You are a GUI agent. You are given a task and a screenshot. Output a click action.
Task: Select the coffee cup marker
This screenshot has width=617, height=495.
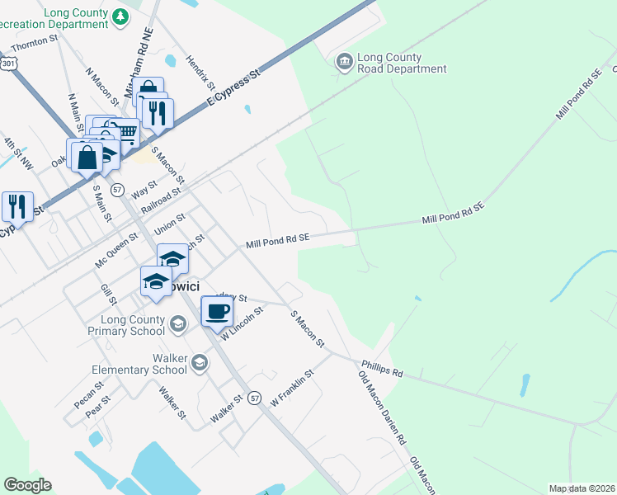(217, 312)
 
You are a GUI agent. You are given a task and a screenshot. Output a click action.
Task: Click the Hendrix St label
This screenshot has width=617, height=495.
(200, 72)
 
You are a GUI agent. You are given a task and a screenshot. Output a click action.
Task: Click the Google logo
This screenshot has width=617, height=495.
(27, 485)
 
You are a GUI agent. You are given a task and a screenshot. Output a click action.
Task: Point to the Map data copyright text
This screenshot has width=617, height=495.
(582, 488)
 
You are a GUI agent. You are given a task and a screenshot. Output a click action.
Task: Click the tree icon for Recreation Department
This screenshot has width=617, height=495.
(120, 16)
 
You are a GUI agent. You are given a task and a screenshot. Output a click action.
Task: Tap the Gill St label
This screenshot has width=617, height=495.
(106, 295)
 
